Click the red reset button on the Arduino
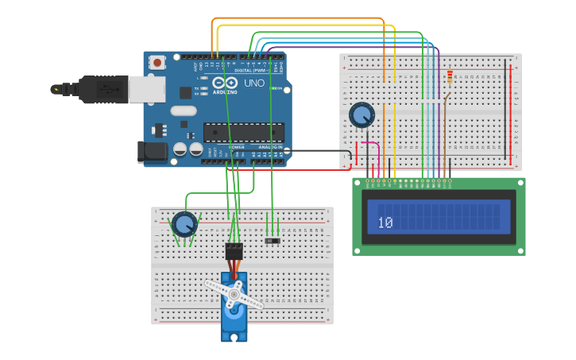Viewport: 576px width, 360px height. [157, 62]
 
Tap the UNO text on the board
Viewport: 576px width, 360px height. [254, 83]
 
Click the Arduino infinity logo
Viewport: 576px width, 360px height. [224, 83]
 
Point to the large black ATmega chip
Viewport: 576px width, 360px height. [243, 132]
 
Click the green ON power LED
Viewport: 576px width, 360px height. [273, 88]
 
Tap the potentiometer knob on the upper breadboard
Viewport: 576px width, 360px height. [362, 115]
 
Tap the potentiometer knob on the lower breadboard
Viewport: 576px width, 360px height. [184, 224]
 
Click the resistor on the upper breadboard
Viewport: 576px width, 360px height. [450, 77]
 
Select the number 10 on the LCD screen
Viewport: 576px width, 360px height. [385, 223]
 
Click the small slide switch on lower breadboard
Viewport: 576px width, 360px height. [272, 239]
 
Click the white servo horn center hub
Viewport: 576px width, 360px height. [234, 294]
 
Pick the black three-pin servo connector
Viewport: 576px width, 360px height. [234, 250]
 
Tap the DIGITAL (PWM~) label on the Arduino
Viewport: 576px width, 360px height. [253, 70]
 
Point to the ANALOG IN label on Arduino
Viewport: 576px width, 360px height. [268, 147]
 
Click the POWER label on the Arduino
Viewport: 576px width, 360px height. [237, 147]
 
